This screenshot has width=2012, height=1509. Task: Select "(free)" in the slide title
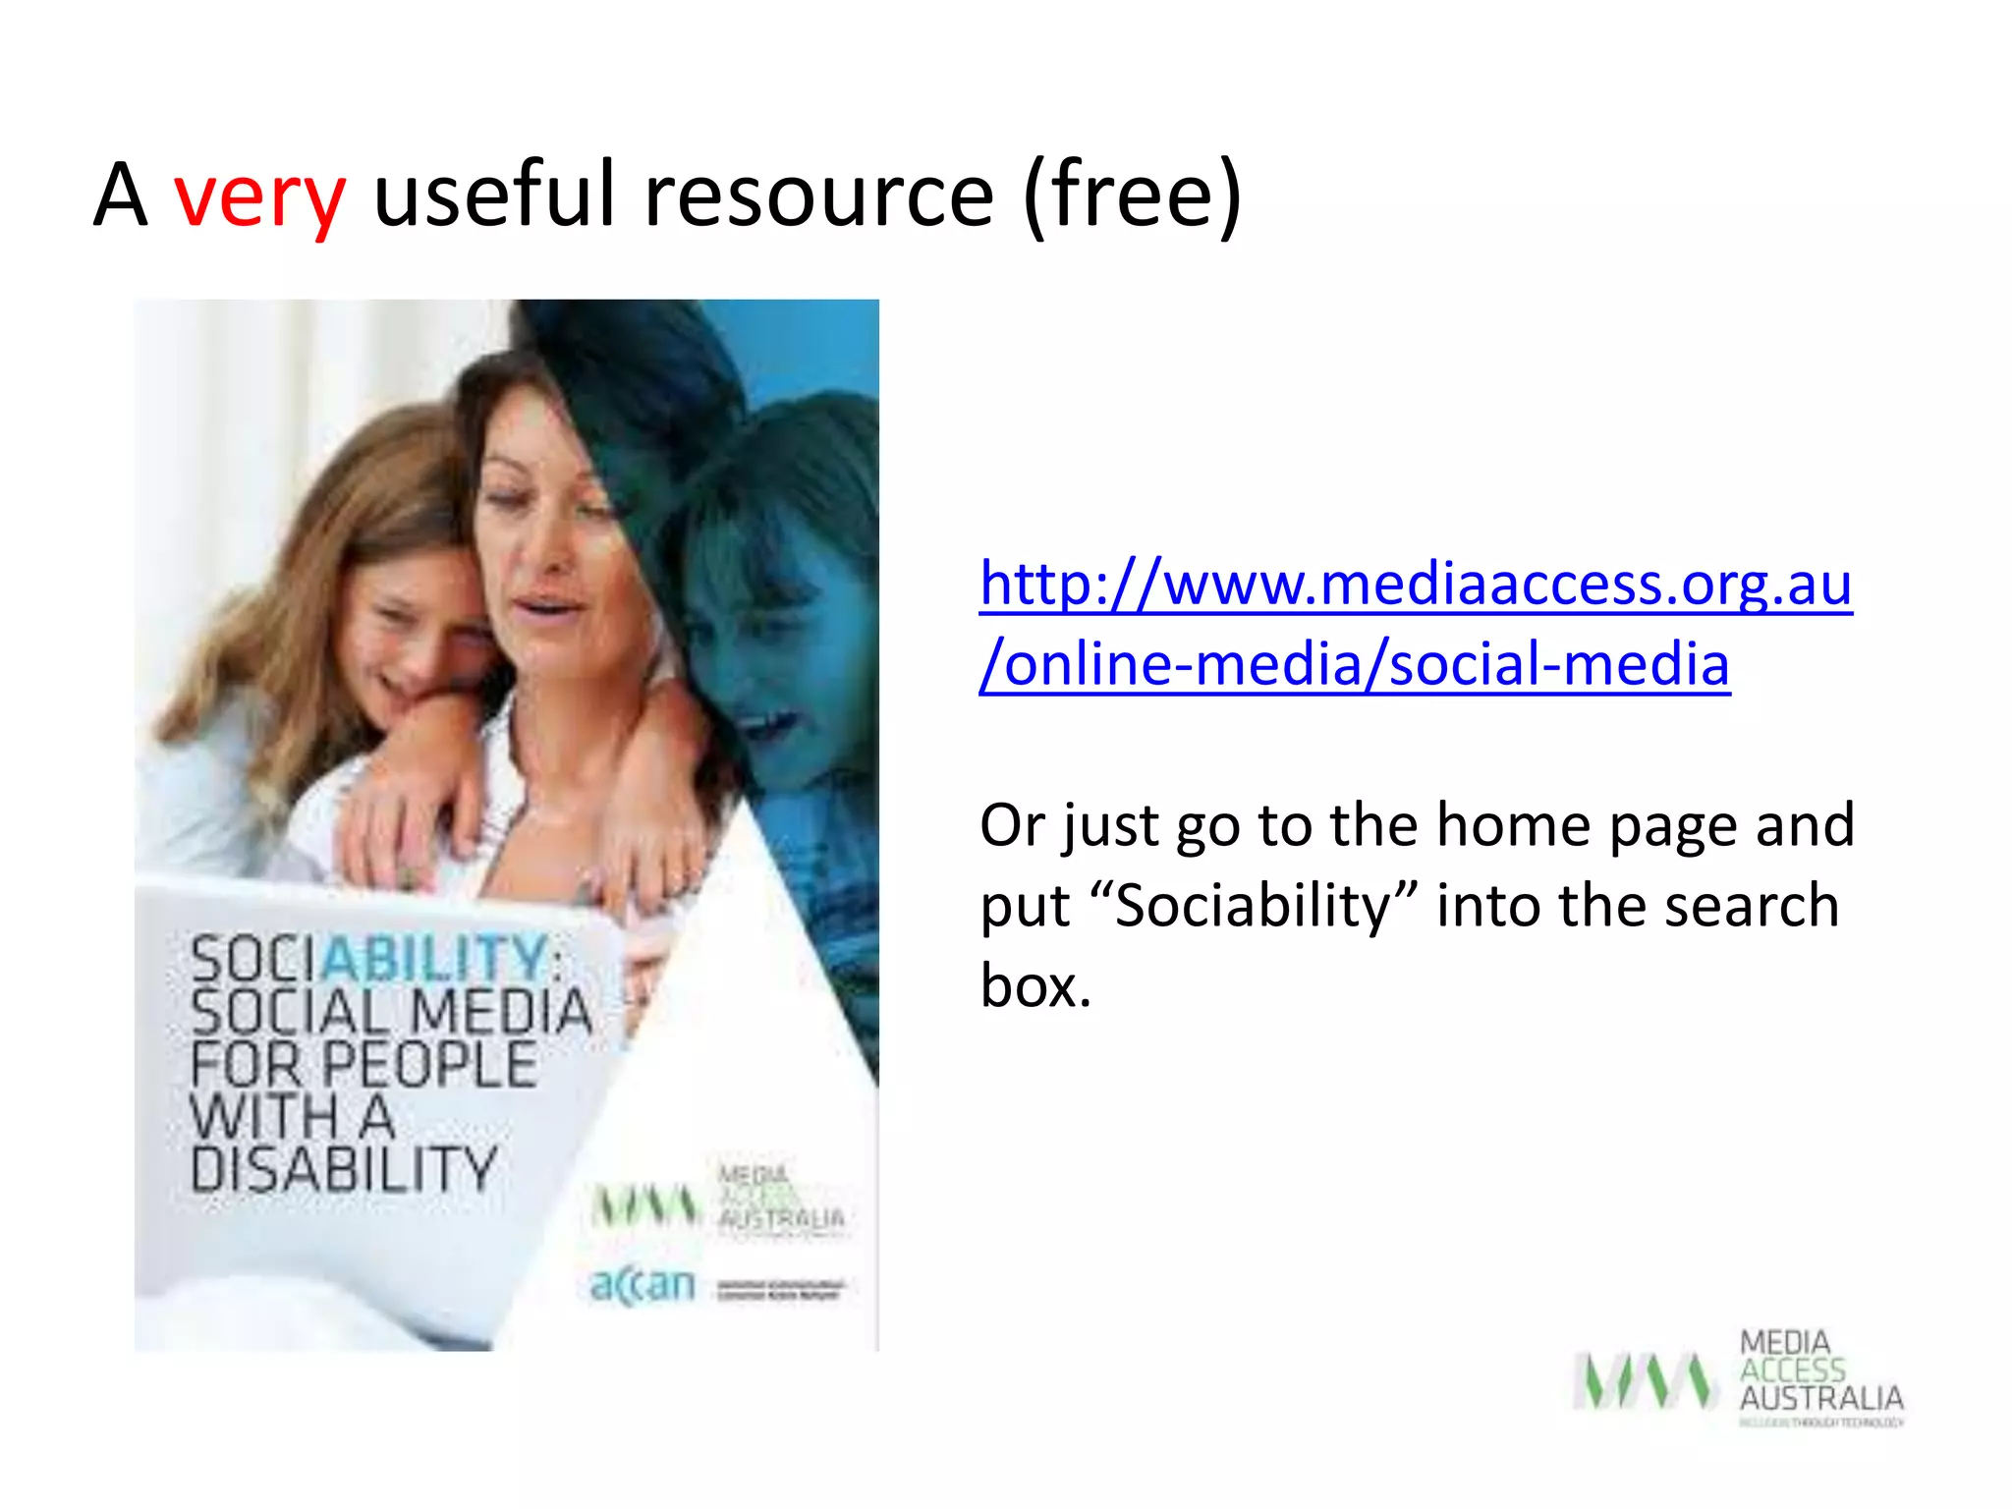tap(1132, 195)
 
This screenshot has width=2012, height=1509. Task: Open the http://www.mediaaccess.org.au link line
tap(1415, 584)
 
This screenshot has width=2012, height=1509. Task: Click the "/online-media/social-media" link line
tap(1354, 664)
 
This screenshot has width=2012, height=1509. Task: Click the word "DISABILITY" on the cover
tap(344, 1169)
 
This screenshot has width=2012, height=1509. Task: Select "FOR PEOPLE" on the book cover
tap(363, 1064)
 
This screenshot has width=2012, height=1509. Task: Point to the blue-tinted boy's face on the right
tap(756, 629)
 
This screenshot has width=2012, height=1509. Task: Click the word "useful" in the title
tap(493, 195)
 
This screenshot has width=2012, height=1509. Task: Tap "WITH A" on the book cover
tap(292, 1117)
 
